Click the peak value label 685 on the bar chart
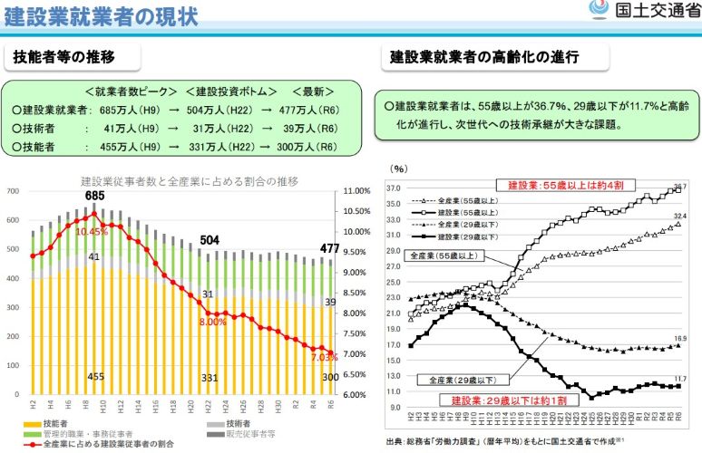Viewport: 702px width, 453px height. pyautogui.click(x=95, y=196)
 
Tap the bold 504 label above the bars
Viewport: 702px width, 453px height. pyautogui.click(x=210, y=240)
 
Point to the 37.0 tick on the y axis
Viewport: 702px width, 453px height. pyautogui.click(x=393, y=188)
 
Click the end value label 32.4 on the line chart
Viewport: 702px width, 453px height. pyautogui.click(x=679, y=216)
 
